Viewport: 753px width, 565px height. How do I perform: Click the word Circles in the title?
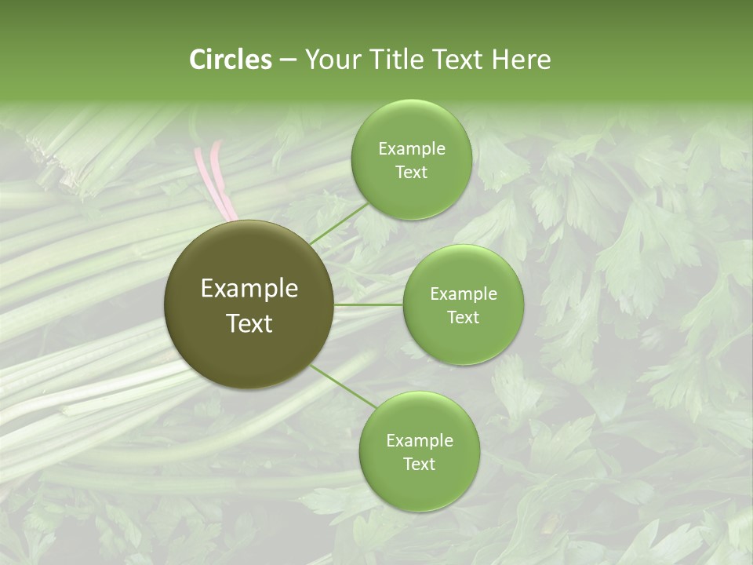[x=230, y=60]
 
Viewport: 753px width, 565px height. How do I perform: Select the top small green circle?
[x=411, y=159]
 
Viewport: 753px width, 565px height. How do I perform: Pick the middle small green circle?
[x=463, y=304]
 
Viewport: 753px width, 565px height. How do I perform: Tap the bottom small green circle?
[x=419, y=451]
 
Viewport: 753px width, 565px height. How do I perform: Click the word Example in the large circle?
[x=249, y=289]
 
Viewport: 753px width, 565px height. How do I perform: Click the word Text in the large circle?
[x=249, y=323]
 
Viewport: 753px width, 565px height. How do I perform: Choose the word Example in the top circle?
[x=411, y=148]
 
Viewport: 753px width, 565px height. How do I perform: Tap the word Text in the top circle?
[x=411, y=172]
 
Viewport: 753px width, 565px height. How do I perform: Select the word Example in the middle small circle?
[x=463, y=293]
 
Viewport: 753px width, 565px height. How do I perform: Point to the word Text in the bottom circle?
[x=419, y=464]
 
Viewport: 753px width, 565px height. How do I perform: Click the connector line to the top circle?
[x=339, y=224]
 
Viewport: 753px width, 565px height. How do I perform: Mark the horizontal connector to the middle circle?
[x=369, y=304]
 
